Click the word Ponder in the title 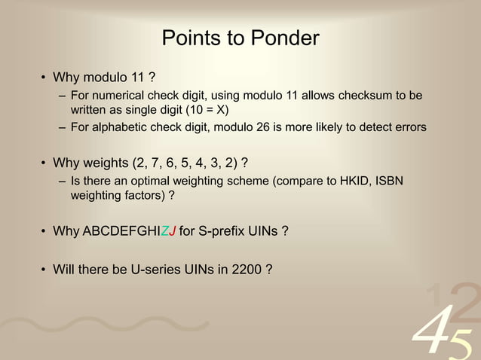tap(282, 38)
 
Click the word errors tap(407, 127)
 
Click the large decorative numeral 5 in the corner tap(463, 340)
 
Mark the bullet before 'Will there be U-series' tap(43, 267)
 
